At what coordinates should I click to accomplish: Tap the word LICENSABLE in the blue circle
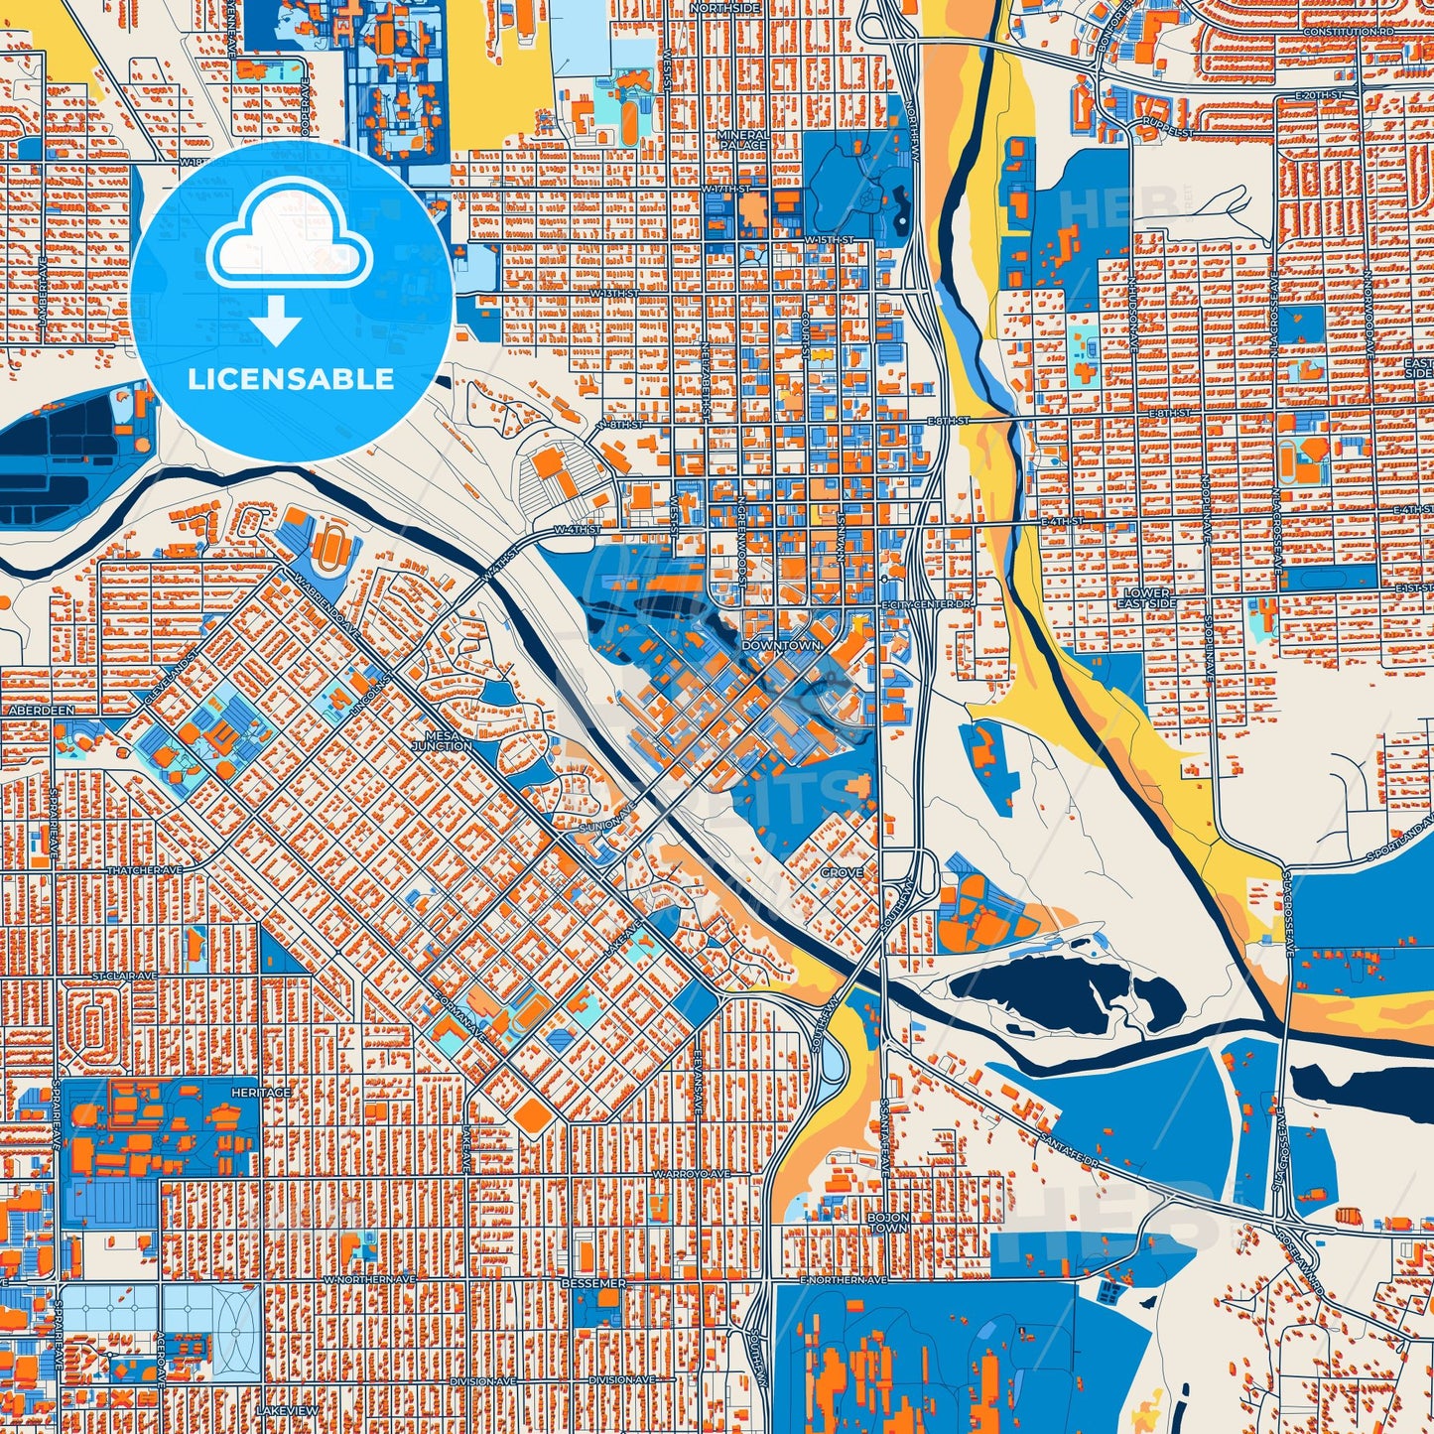[291, 379]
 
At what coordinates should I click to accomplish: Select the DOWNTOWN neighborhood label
[781, 645]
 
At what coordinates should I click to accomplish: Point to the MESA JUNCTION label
[442, 739]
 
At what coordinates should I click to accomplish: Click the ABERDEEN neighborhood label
[41, 712]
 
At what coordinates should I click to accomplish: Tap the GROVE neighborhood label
[842, 872]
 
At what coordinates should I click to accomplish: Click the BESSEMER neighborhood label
[593, 1283]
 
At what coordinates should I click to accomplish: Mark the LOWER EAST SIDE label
[1146, 598]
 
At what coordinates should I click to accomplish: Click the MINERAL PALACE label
[742, 140]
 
